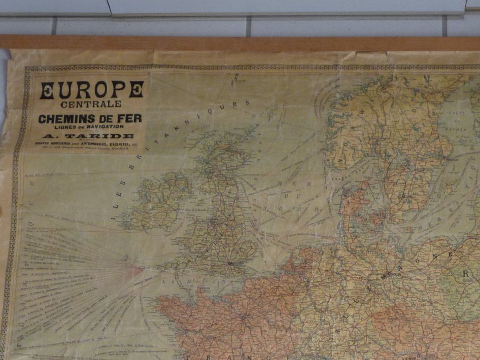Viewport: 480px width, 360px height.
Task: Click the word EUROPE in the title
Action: (91, 90)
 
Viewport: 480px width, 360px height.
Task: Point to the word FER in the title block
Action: (129, 118)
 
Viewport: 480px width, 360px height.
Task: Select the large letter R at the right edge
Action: (465, 274)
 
